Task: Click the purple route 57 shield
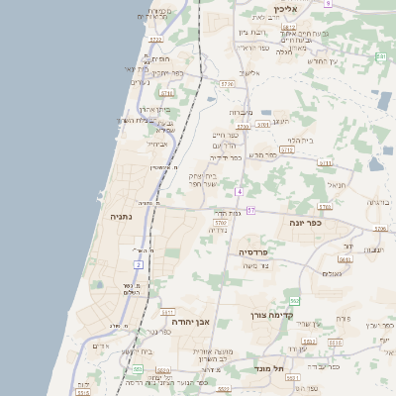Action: [251, 210]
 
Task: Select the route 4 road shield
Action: [240, 190]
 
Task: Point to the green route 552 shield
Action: [294, 300]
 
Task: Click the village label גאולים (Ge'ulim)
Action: [332, 273]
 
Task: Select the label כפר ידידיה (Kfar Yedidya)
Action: [227, 157]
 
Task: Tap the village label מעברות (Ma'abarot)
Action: [241, 111]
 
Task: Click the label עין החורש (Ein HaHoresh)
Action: [323, 61]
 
